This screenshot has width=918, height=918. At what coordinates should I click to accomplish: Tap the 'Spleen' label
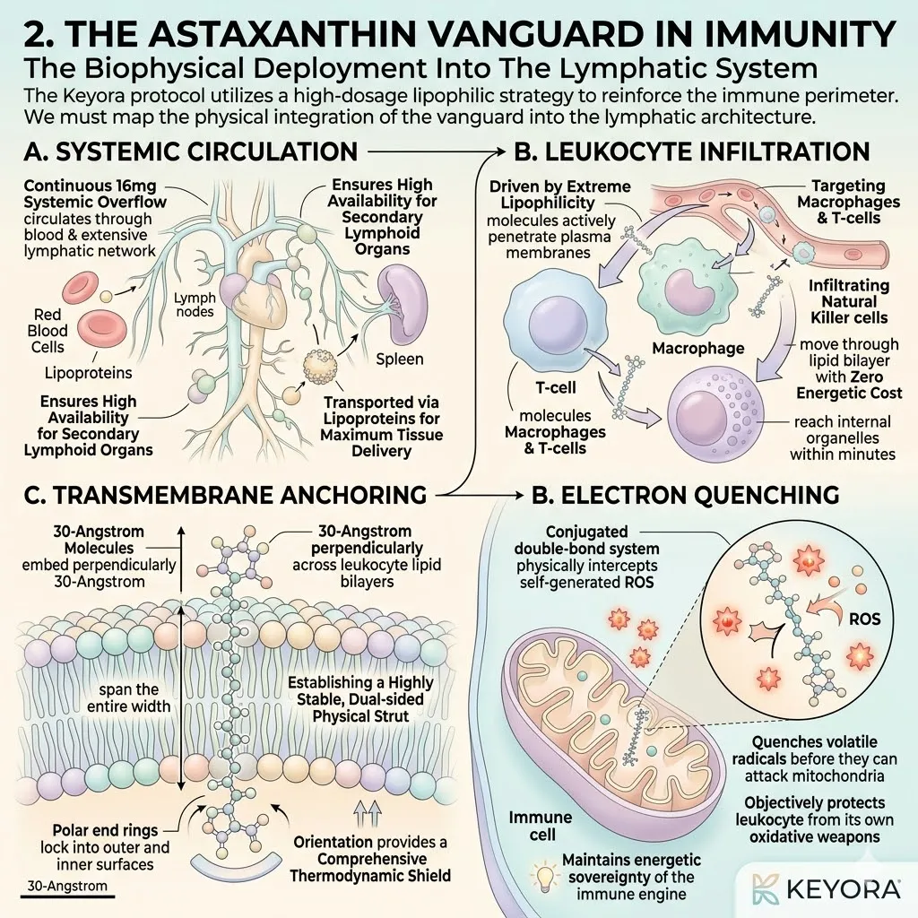pos(399,359)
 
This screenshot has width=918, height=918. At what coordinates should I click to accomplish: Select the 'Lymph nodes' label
pos(195,305)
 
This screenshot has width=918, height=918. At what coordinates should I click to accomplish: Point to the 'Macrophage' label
pos(697,349)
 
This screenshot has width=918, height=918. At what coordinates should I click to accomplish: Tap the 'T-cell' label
pos(556,387)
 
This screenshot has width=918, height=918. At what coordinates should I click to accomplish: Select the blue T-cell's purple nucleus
pos(558,324)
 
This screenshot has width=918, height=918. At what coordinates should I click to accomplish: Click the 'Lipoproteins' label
pos(89,373)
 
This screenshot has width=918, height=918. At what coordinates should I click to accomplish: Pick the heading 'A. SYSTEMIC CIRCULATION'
pos(191,152)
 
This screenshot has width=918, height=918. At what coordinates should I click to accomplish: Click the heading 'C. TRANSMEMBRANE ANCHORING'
pos(225,495)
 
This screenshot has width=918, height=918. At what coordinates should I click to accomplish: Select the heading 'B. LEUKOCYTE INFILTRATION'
pos(692,152)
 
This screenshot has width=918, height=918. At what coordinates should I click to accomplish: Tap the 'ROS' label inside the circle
pos(864,619)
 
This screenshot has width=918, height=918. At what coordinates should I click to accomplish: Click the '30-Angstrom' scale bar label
pos(68,886)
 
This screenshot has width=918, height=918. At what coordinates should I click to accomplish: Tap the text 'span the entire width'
pos(129,697)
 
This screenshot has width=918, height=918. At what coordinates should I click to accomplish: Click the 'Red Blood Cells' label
pos(48,331)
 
